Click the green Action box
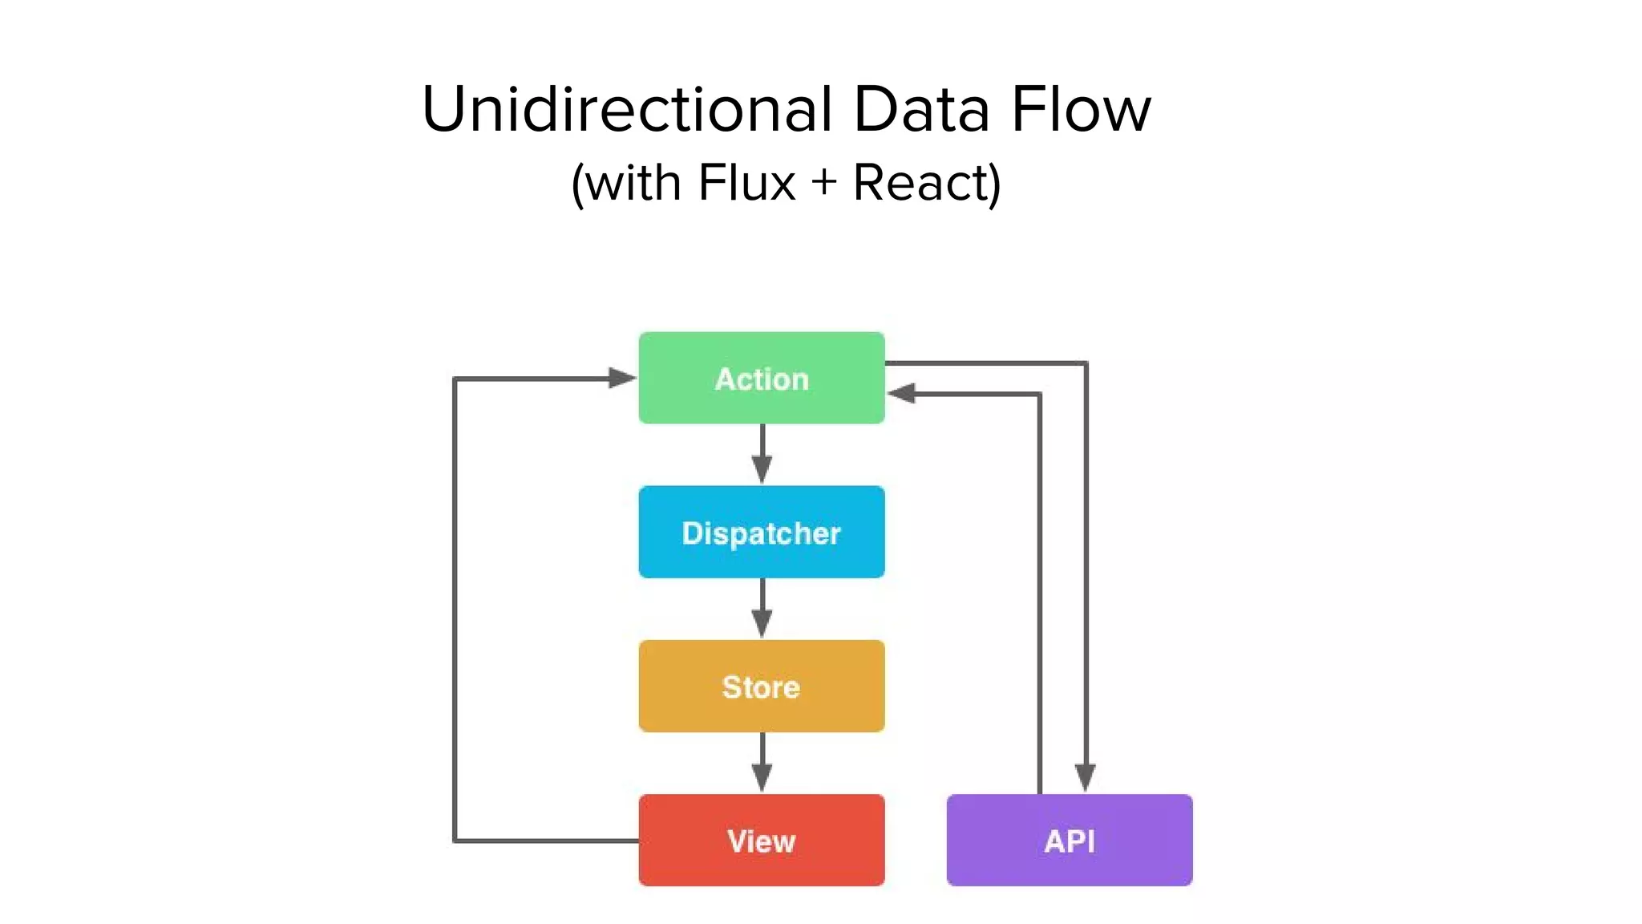tap(761, 378)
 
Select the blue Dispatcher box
tap(761, 532)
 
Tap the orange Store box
tap(761, 686)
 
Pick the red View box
tap(761, 840)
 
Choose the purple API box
tap(1069, 840)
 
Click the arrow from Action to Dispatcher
tap(762, 454)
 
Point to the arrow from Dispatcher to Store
tap(762, 608)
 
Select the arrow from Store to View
tap(762, 762)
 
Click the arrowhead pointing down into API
tap(1085, 777)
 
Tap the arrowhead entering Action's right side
tap(901, 394)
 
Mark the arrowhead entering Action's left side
tap(621, 378)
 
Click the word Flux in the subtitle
tap(746, 183)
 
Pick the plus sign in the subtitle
tap(823, 184)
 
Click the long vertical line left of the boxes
tap(455, 610)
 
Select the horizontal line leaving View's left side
tap(545, 841)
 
